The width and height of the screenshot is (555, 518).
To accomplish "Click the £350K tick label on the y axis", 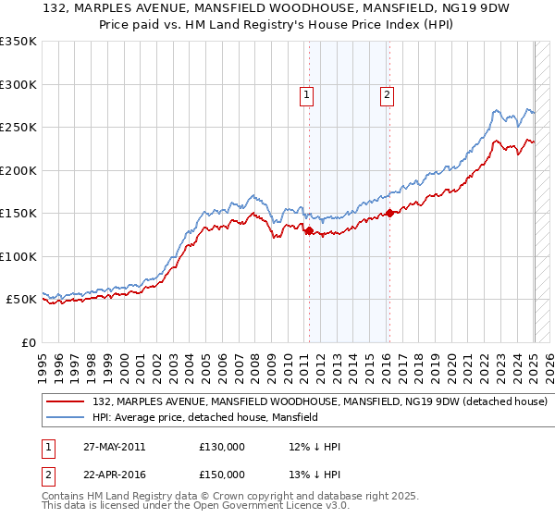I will click(18, 42).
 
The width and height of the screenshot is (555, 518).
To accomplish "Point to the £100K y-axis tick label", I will click(18, 256).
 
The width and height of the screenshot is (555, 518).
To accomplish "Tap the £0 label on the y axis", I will click(28, 342).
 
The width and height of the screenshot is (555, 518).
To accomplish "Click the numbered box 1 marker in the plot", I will click(306, 93).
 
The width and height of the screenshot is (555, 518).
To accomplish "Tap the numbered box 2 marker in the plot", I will click(387, 93).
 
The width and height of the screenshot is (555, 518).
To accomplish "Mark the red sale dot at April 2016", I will click(389, 214).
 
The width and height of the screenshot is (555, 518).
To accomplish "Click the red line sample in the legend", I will click(66, 402).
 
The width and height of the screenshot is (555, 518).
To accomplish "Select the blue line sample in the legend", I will click(66, 418).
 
